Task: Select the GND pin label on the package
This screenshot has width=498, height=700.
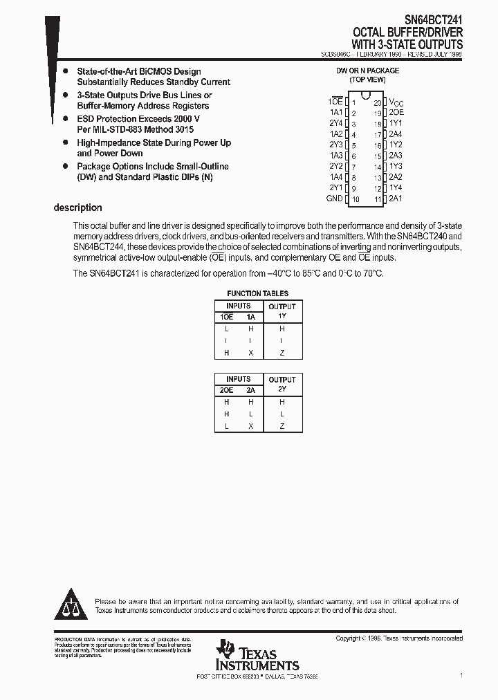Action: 334,199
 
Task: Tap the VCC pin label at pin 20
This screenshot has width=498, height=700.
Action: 396,102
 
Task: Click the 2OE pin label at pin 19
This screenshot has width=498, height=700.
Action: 396,112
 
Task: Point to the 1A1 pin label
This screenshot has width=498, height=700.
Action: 335,112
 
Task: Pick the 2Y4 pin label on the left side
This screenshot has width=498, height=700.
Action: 335,123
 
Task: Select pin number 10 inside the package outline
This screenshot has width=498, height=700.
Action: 356,199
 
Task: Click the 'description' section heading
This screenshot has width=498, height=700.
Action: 77,208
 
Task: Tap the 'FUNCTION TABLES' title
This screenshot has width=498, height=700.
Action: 258,293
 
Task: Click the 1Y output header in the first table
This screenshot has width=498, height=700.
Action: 282,316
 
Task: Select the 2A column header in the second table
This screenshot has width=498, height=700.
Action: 250,389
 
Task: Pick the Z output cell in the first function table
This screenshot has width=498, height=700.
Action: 282,353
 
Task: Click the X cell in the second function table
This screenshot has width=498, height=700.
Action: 250,426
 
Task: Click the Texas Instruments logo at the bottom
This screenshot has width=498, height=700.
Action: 257,654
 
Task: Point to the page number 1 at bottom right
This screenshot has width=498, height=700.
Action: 461,674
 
